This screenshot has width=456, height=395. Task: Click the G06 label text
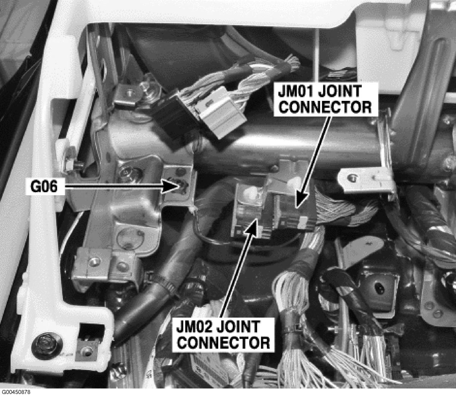(x=44, y=186)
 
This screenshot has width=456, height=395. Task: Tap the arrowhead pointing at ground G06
(x=171, y=186)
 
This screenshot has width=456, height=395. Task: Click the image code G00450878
(x=15, y=392)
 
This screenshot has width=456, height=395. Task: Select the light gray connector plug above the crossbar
(x=220, y=111)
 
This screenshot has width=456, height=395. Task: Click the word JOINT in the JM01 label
(x=340, y=91)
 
